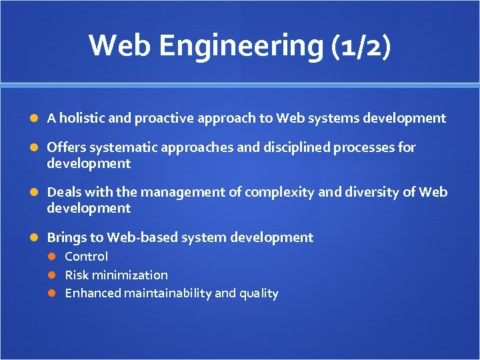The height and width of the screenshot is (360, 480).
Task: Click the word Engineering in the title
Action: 241,46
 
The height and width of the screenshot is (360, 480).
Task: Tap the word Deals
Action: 64,193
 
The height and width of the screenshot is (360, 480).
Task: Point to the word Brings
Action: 66,237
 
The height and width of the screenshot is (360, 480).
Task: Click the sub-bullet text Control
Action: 86,257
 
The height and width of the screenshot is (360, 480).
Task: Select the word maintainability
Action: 168,293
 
